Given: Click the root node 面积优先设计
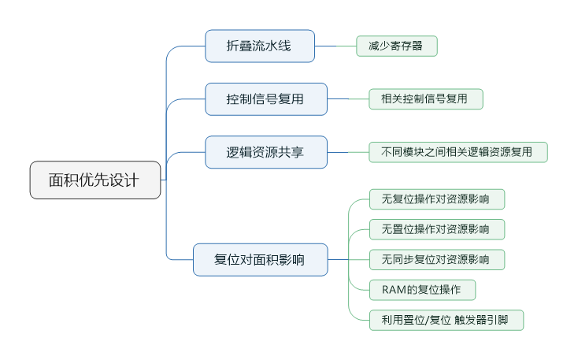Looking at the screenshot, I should (95, 180).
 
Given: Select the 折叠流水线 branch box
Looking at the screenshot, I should (260, 46).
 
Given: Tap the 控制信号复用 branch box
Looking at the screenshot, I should (265, 99).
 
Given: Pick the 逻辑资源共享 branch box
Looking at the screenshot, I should (265, 152).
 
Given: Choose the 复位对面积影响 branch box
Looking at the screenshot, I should (260, 259).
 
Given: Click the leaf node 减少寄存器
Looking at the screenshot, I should (396, 46).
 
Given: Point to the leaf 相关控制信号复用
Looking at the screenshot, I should (425, 99).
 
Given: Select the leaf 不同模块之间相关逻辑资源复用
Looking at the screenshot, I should (458, 152).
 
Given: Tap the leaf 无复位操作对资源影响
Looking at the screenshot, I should (436, 199).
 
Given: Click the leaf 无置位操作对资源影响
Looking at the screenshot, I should (436, 229).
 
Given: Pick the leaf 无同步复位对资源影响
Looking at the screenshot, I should (436, 259).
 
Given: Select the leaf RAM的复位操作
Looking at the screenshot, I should (422, 290).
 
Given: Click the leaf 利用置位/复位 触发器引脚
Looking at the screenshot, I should (446, 320).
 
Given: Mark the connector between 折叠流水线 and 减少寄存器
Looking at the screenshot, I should (335, 46).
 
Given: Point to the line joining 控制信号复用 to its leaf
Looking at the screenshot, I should (348, 99).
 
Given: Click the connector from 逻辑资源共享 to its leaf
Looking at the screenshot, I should (348, 152).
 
